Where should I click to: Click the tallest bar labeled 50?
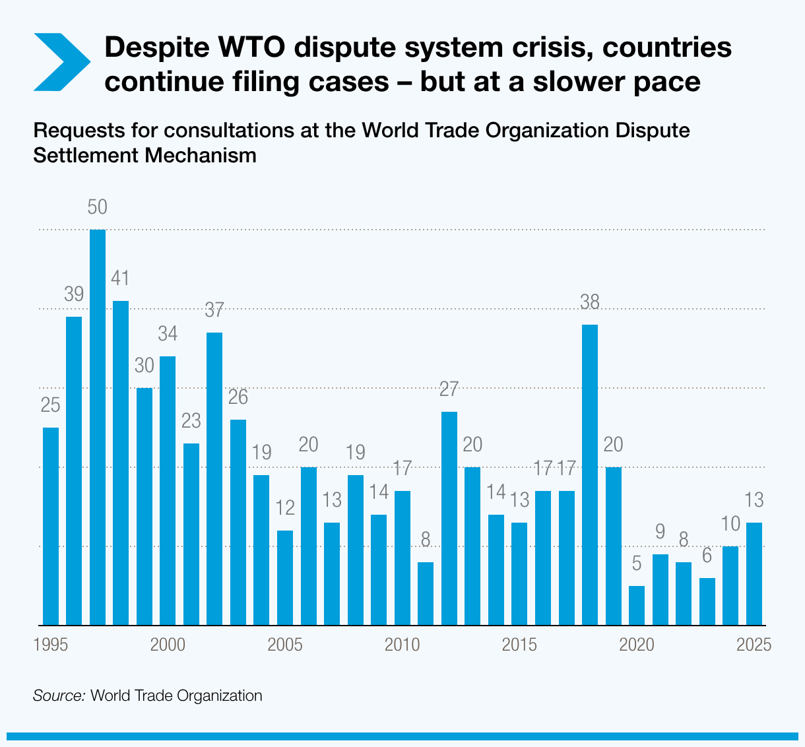pyautogui.click(x=98, y=427)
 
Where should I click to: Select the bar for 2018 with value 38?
pyautogui.click(x=590, y=474)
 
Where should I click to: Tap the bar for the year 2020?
pyautogui.click(x=637, y=605)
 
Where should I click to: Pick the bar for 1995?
pyautogui.click(x=51, y=526)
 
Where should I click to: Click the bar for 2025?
pyautogui.click(x=754, y=573)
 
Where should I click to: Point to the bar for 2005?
pyautogui.click(x=285, y=577)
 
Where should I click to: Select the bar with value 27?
pyautogui.click(x=449, y=518)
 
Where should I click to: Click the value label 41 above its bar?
pyautogui.click(x=121, y=278)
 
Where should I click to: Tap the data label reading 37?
pyautogui.click(x=214, y=309)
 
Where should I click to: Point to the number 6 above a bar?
pyautogui.click(x=707, y=556)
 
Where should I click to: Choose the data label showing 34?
pyautogui.click(x=168, y=334)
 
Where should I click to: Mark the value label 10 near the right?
pyautogui.click(x=730, y=524)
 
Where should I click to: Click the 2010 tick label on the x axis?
pyautogui.click(x=402, y=645)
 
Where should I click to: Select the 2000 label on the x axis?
pyautogui.click(x=168, y=645)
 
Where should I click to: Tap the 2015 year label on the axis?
pyautogui.click(x=519, y=645)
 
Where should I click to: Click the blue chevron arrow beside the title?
pyautogui.click(x=61, y=62)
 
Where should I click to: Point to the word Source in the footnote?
pyautogui.click(x=59, y=696)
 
